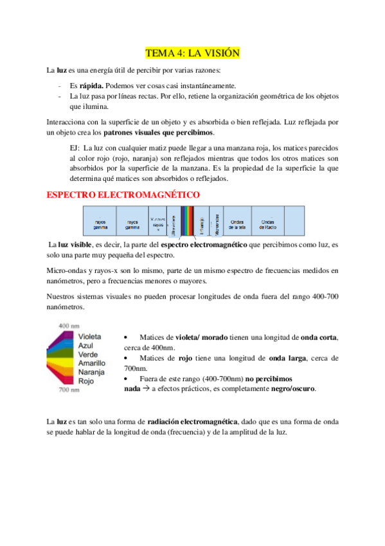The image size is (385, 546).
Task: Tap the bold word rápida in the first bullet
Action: coord(92,85)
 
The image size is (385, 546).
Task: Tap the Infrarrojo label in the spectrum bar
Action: coord(201,225)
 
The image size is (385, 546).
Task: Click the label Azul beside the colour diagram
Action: coord(85,346)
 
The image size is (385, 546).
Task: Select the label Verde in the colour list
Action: coord(87,354)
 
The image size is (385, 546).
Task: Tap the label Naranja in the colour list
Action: coord(91,372)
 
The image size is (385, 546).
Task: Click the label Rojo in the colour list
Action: coord(85,381)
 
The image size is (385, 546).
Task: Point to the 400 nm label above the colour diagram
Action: coord(69,326)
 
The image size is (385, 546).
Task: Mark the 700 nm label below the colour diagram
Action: coord(69,390)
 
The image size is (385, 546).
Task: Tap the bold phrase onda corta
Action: coord(319,337)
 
